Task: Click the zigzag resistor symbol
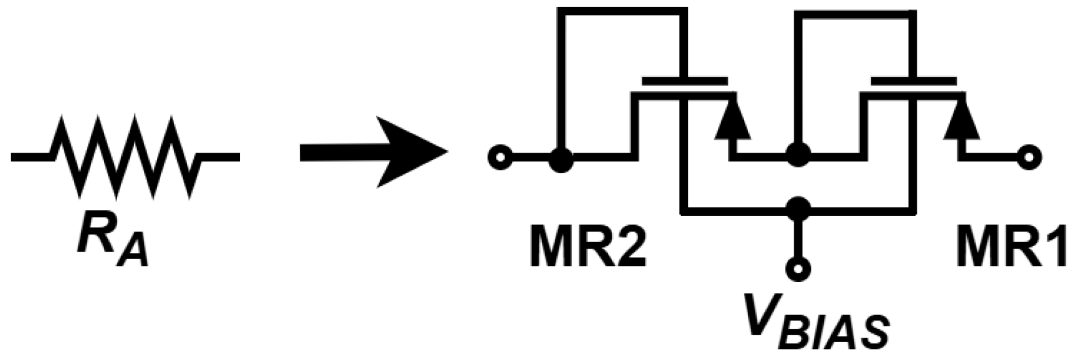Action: point(126,156)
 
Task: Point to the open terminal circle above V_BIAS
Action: point(798,268)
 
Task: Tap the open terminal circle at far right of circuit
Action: point(1029,158)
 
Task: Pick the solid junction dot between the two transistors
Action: point(798,154)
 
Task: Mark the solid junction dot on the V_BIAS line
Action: point(798,209)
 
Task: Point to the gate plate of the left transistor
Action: point(684,81)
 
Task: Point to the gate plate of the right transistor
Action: point(914,81)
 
